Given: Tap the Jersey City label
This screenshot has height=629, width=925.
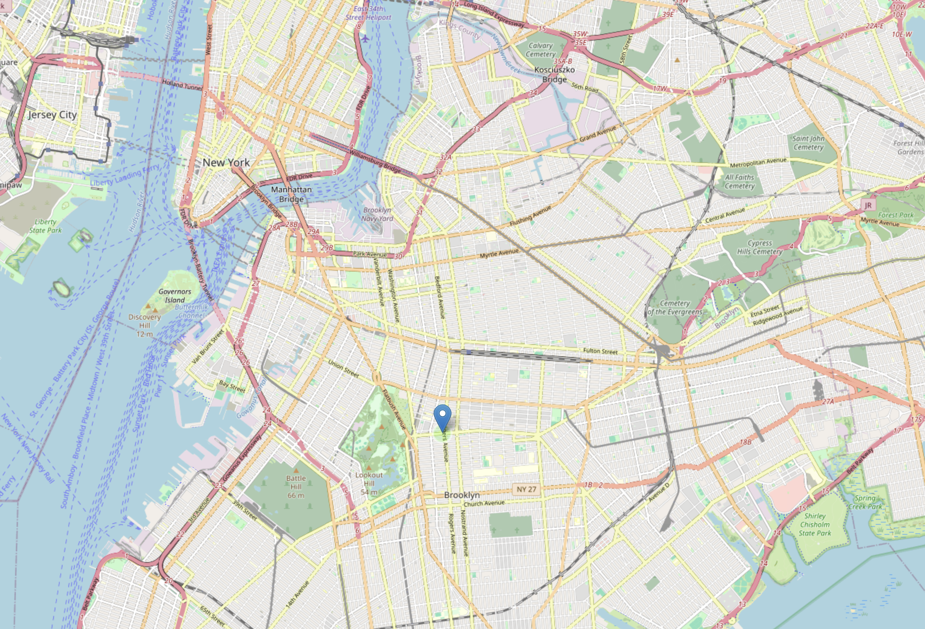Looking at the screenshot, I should (x=52, y=115).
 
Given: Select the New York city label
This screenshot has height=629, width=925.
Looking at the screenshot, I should (x=226, y=163).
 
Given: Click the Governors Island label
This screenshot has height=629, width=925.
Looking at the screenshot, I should (x=175, y=296).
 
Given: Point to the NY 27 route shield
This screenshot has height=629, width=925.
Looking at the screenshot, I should (x=526, y=489).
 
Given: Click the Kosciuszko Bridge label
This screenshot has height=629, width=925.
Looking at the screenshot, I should (x=554, y=74).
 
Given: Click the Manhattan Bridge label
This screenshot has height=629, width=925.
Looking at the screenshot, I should (x=291, y=194).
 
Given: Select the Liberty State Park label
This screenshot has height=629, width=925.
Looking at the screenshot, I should (x=45, y=226).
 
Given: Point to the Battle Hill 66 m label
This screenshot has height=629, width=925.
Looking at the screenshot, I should (x=296, y=487).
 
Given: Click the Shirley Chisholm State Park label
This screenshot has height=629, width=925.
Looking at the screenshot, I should (x=814, y=524).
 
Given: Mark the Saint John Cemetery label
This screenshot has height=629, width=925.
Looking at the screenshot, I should (x=808, y=142).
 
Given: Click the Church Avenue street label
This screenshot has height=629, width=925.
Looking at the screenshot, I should (x=484, y=503).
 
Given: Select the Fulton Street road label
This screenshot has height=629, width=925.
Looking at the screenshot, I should (x=600, y=351).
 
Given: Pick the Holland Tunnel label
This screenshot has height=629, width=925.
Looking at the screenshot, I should (x=182, y=84).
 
